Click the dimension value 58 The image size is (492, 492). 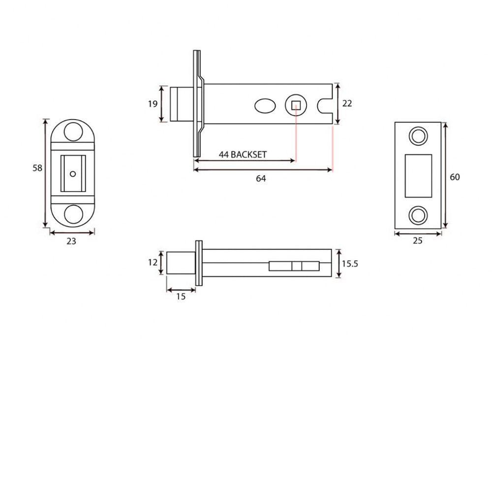pos(37,168)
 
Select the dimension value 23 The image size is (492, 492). pos(71,241)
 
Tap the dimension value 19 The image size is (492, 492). pos(153,104)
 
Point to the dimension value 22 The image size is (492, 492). pos(347,103)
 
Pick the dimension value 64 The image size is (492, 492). pos(261,179)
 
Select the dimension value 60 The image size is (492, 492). pos(455,177)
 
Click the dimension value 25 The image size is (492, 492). pos(418,241)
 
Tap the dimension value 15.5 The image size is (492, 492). pos(350,264)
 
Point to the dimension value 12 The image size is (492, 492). pos(153,262)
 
